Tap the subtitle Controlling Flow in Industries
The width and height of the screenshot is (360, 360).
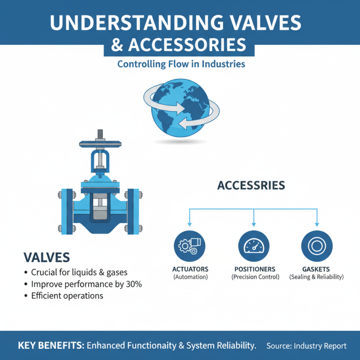[181, 64]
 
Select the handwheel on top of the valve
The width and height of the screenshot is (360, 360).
[99, 144]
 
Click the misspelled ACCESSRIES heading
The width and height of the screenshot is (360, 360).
[251, 185]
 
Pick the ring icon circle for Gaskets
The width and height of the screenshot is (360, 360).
[317, 246]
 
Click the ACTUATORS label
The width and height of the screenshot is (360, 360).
[190, 269]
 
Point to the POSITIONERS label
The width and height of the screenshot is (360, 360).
[255, 269]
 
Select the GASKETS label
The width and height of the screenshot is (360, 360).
[317, 269]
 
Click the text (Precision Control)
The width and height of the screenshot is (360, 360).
[255, 277]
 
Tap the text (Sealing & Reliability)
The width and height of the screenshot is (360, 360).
[317, 277]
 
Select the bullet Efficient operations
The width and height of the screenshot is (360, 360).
[67, 296]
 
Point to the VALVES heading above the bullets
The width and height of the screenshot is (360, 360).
[46, 257]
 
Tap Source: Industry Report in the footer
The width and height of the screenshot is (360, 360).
[306, 346]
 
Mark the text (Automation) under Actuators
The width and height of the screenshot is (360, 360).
[190, 277]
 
